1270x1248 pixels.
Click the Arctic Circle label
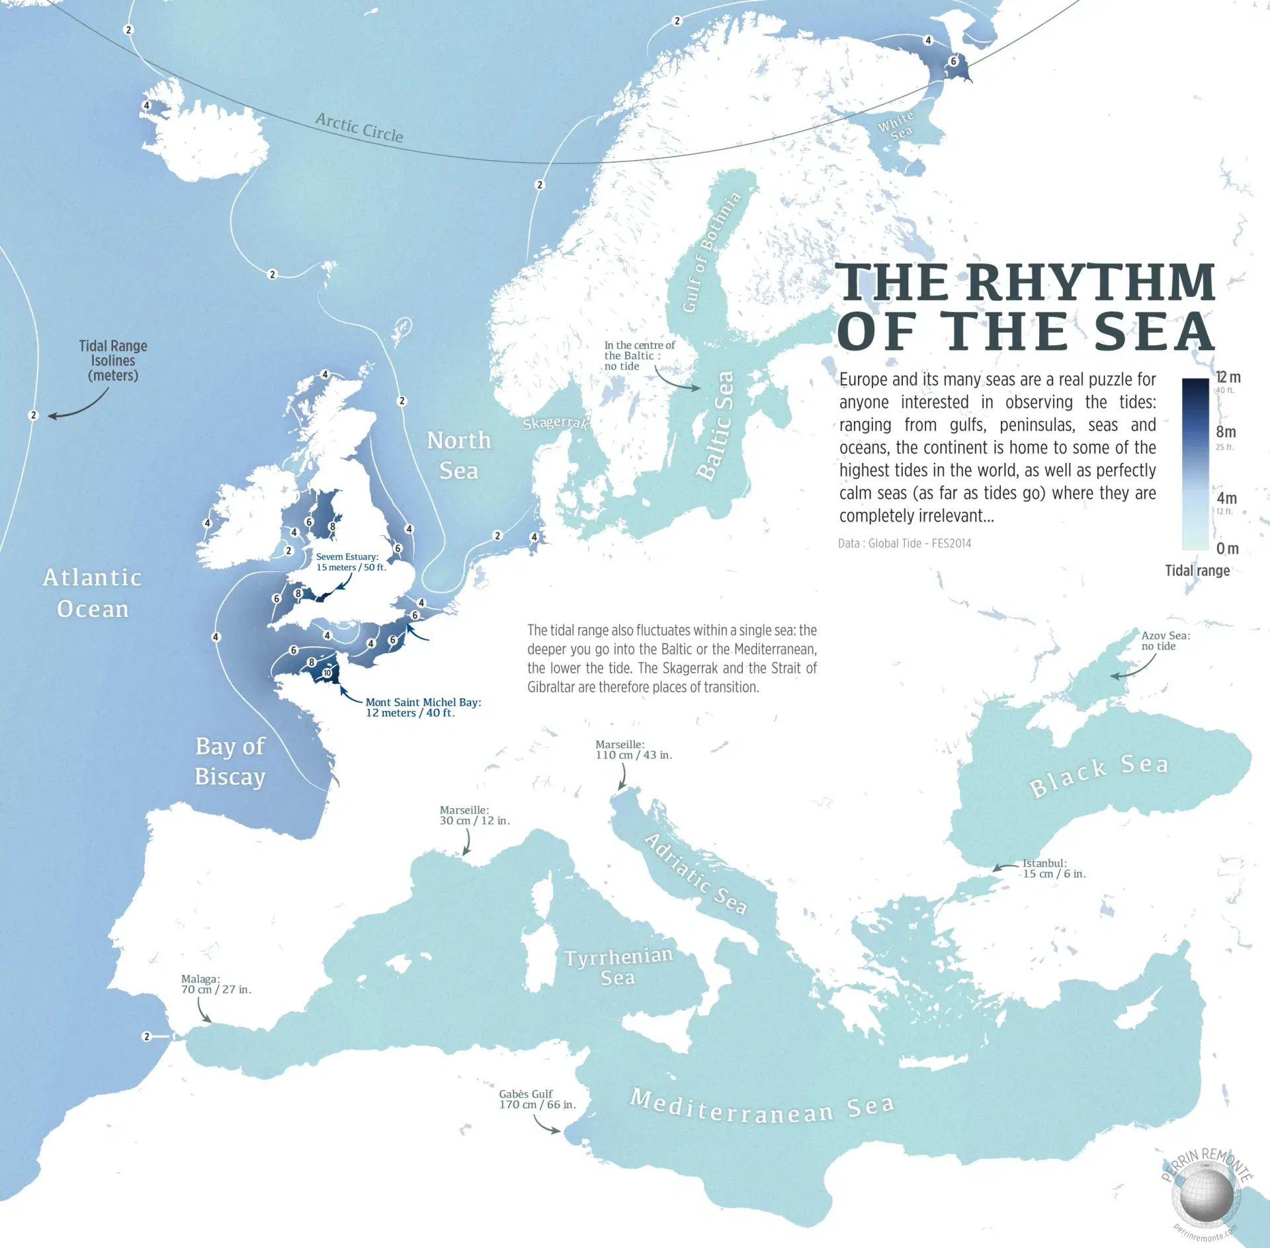tap(359, 128)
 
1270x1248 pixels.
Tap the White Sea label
tap(896, 126)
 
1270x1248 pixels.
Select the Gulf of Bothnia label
tap(711, 252)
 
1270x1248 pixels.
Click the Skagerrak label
tap(555, 423)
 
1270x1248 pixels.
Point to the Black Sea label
tap(1099, 775)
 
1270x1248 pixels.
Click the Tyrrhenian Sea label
tap(618, 966)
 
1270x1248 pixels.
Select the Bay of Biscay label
tap(230, 761)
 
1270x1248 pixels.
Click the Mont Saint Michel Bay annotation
tap(423, 707)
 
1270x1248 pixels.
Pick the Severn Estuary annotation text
tap(350, 562)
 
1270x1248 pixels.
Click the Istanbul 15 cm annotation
tap(1054, 868)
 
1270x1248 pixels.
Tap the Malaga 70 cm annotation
tap(216, 984)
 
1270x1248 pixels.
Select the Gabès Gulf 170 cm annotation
tap(537, 1099)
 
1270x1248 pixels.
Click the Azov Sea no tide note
tap(1165, 640)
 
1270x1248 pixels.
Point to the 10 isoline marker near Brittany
tap(327, 673)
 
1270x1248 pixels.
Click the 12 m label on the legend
tap(1228, 378)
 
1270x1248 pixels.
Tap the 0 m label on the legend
tap(1227, 548)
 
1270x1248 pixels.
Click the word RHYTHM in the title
tap(1091, 282)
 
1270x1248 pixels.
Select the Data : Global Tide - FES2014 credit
tap(904, 543)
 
